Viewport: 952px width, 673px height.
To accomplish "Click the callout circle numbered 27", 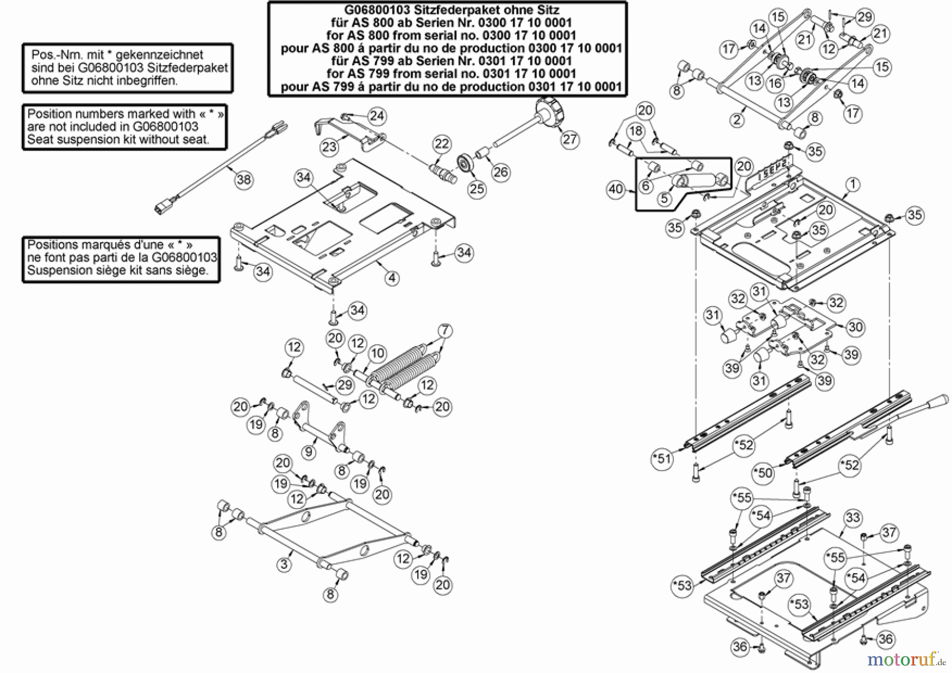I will (570, 140).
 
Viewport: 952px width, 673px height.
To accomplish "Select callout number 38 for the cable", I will (243, 180).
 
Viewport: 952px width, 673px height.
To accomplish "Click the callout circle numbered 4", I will (391, 278).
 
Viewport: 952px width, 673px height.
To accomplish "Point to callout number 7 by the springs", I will (445, 331).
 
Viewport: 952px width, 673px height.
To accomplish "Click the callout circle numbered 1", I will (853, 185).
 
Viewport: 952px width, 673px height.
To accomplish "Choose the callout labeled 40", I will (616, 189).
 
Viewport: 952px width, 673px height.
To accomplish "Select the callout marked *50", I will (764, 473).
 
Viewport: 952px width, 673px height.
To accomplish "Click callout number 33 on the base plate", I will (853, 518).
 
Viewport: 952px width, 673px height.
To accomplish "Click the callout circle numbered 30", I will (855, 327).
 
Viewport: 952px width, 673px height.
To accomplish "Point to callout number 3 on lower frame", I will (284, 564).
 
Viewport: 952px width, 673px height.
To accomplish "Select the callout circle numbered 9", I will (309, 452).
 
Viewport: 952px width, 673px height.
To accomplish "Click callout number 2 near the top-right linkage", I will (737, 119).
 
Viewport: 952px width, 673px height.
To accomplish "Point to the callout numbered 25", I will (477, 189).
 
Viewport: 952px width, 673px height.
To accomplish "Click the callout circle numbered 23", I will (329, 146).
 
